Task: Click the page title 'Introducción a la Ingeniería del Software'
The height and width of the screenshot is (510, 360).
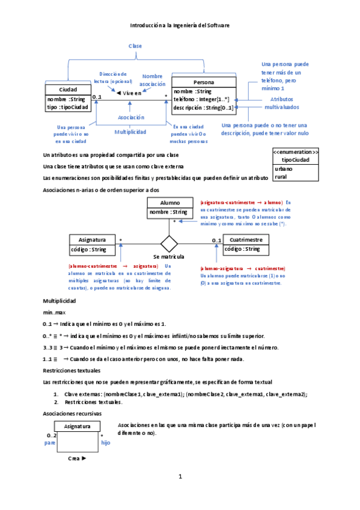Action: (x=180, y=25)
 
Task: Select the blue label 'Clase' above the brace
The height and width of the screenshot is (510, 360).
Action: (x=135, y=46)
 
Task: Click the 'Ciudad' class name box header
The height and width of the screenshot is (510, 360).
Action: (x=67, y=90)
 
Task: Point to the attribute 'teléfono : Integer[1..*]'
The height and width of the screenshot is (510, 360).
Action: (x=201, y=99)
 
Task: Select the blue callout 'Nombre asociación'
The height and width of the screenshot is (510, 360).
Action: (x=152, y=80)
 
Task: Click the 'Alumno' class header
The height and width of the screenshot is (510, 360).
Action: (x=169, y=203)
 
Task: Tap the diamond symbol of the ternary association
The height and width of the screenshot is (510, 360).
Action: (x=169, y=244)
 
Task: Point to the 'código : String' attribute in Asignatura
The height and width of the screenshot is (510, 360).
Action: (x=90, y=249)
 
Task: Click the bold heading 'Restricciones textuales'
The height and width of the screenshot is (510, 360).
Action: (x=72, y=370)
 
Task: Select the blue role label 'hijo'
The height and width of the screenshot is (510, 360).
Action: (x=106, y=442)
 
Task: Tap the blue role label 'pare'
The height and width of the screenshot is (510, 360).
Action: (x=50, y=442)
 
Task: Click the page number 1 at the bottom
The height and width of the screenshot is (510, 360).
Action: (x=180, y=477)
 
